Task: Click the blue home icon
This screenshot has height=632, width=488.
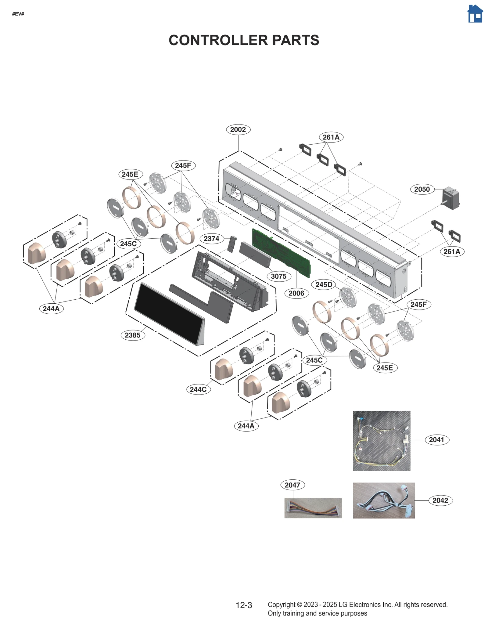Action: click(475, 14)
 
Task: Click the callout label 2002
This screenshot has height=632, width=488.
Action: click(238, 129)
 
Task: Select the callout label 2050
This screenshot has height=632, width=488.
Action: click(422, 189)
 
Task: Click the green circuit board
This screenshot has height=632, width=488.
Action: click(281, 252)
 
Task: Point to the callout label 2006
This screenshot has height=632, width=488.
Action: click(296, 293)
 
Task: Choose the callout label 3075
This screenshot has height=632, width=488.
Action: click(278, 276)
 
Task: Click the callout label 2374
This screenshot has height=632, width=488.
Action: click(211, 238)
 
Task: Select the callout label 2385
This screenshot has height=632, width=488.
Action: click(132, 335)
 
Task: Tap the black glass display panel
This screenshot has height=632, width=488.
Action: click(168, 313)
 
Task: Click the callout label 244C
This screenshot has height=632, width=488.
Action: click(198, 389)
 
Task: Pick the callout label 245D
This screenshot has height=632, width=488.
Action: click(324, 285)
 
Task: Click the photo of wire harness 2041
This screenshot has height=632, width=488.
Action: click(381, 441)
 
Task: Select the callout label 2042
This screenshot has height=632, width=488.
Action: click(440, 500)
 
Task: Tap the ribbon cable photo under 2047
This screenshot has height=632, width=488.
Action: click(313, 508)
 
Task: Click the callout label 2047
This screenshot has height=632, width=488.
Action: click(292, 485)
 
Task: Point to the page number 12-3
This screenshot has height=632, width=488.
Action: click(244, 605)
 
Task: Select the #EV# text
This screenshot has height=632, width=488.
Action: click(18, 14)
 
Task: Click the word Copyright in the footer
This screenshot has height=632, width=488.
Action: click(281, 605)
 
